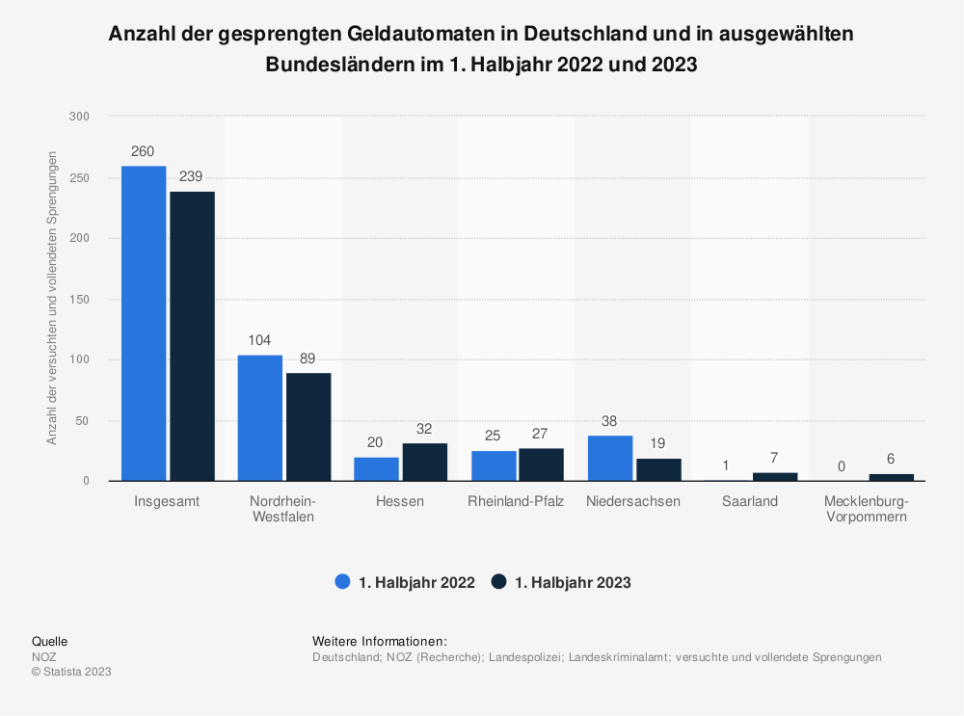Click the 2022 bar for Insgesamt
[144, 323]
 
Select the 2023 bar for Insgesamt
[193, 336]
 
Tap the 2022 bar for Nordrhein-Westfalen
[260, 418]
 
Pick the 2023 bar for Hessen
[425, 462]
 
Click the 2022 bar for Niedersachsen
[610, 458]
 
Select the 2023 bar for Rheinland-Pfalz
[541, 464]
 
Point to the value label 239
[191, 176]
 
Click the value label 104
[259, 340]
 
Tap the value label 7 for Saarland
[774, 458]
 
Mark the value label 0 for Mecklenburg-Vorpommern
[842, 466]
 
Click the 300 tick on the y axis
[79, 117]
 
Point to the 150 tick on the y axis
[79, 300]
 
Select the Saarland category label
[750, 501]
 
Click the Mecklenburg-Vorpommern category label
[867, 509]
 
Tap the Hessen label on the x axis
[400, 501]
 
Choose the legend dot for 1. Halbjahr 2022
[342, 581]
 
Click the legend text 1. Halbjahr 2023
[573, 583]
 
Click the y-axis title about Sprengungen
[52, 298]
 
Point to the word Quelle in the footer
[50, 641]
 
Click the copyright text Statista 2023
[72, 671]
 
